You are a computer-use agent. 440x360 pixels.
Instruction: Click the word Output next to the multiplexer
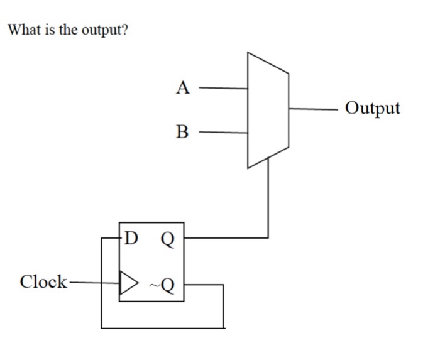pyautogui.click(x=373, y=108)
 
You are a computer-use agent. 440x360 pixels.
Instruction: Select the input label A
pyautogui.click(x=182, y=88)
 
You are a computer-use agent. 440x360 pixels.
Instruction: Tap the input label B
pyautogui.click(x=182, y=132)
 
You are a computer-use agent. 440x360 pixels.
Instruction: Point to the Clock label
pyautogui.click(x=43, y=281)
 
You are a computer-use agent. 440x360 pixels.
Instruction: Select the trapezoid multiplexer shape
pyautogui.click(x=268, y=110)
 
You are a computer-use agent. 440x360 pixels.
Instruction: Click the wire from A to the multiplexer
pyautogui.click(x=223, y=88)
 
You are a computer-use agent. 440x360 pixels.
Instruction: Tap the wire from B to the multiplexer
pyautogui.click(x=223, y=133)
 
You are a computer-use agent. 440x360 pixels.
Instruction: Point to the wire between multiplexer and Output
pyautogui.click(x=314, y=108)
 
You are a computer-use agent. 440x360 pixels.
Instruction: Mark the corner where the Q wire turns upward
pyautogui.click(x=268, y=237)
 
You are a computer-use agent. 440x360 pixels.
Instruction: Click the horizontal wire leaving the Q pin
pyautogui.click(x=226, y=237)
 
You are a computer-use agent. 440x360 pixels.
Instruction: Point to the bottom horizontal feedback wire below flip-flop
pyautogui.click(x=162, y=328)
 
